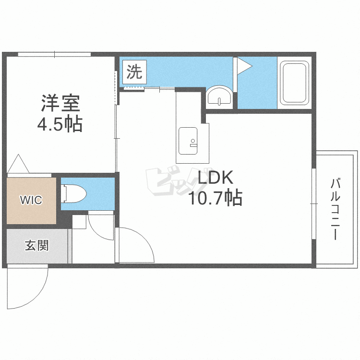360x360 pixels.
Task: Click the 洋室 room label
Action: point(60,103)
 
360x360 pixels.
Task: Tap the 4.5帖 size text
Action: point(60,125)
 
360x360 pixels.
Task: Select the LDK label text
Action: point(215,179)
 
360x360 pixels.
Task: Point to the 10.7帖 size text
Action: point(215,197)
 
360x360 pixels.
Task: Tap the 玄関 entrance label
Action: point(36,246)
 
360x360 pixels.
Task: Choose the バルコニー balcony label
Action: point(336,209)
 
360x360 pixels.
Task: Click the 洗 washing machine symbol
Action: point(134,72)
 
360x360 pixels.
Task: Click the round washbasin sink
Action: point(220,96)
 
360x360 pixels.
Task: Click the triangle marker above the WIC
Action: point(19,164)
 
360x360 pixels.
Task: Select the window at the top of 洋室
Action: point(54,54)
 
